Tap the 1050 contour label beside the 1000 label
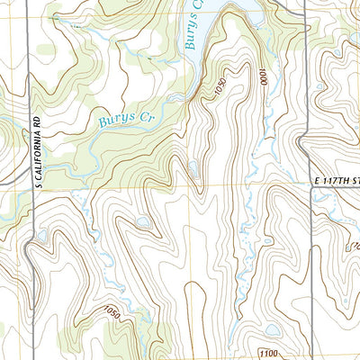(x=218, y=91)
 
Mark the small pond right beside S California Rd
(x=40, y=236)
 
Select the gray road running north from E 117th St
(x=307, y=90)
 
